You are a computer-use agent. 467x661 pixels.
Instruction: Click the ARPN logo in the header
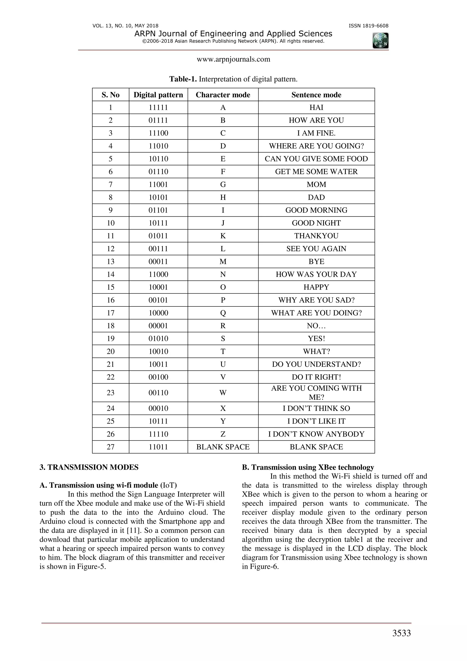380,41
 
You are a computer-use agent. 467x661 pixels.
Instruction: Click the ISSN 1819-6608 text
368,26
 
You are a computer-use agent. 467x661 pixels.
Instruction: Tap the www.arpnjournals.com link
233,59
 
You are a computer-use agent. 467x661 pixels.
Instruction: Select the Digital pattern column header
158,95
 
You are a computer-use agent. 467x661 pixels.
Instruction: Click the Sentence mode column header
316,95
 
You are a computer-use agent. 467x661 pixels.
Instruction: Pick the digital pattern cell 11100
158,133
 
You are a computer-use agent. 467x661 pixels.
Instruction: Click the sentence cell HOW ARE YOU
316,120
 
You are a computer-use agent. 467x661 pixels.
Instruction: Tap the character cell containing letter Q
223,313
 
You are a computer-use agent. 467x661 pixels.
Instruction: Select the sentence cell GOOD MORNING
316,210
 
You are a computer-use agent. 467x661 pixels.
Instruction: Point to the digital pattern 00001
158,326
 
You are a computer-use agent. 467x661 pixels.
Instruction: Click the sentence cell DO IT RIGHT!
316,377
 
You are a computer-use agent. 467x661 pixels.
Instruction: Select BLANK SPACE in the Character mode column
223,447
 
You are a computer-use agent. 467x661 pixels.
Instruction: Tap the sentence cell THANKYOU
316,236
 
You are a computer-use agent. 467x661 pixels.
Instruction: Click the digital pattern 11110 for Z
158,434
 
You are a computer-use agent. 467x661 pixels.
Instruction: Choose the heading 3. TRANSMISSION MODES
89,467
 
